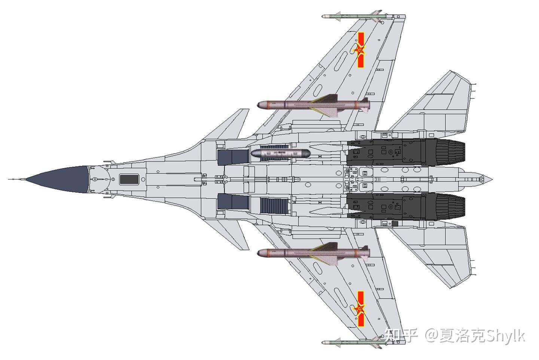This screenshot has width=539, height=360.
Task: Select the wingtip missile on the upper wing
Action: point(352,17)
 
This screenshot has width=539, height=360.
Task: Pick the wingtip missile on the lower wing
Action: point(352,342)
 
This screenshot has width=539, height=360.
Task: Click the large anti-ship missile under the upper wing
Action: point(313,104)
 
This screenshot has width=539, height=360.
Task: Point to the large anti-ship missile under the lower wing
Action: point(313,253)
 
